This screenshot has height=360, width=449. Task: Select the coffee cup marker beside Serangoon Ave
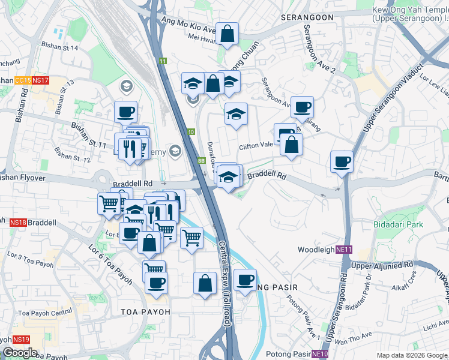coord(302,107)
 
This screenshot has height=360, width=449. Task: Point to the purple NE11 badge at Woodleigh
coord(343,250)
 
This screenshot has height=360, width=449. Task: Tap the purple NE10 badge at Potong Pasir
coord(321,354)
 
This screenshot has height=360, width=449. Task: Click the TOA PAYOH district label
coord(145,312)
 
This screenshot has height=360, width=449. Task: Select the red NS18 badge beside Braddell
coord(19,222)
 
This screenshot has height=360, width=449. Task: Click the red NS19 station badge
coord(21,339)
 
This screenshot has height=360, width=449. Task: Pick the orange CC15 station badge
coord(22,80)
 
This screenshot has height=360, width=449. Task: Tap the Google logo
coord(20,353)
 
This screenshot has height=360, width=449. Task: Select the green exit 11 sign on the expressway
coord(163,61)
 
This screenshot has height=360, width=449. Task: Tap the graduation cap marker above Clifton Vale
coord(236,113)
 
